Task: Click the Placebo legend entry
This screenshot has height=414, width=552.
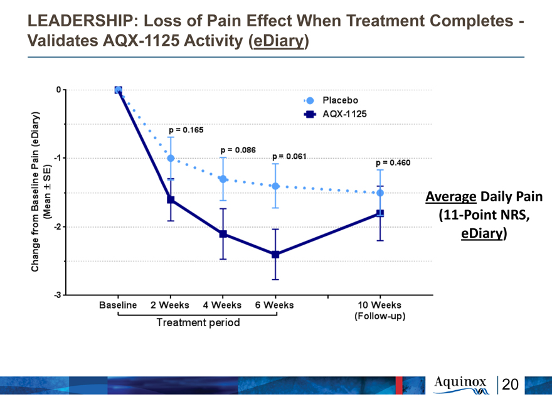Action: tap(331, 101)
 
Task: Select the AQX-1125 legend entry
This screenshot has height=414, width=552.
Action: tap(335, 114)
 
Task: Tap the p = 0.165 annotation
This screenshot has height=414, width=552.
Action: tap(186, 130)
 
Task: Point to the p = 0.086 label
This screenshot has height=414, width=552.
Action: tap(238, 150)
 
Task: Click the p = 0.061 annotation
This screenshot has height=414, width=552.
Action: tap(289, 156)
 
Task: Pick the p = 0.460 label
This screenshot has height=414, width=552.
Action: tap(393, 162)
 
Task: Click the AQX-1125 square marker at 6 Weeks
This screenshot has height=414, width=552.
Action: tap(275, 254)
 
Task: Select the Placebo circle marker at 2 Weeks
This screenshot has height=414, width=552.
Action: tap(171, 159)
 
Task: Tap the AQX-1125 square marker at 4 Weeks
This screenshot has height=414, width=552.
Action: tap(223, 234)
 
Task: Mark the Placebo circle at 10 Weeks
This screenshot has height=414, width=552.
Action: tap(380, 193)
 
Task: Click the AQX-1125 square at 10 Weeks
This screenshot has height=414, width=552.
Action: tap(380, 213)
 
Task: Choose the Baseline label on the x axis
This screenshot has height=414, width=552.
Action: tap(118, 305)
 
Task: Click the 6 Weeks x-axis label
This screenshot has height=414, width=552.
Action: tap(274, 305)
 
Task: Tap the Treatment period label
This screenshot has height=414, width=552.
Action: tap(198, 322)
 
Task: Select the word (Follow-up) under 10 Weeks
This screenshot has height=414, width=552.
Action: tap(380, 316)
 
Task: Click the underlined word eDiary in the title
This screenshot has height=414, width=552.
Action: tap(278, 41)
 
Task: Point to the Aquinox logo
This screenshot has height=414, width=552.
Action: tap(461, 385)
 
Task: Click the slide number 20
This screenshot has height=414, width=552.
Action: tap(510, 385)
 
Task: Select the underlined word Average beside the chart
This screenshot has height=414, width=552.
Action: tap(450, 197)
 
